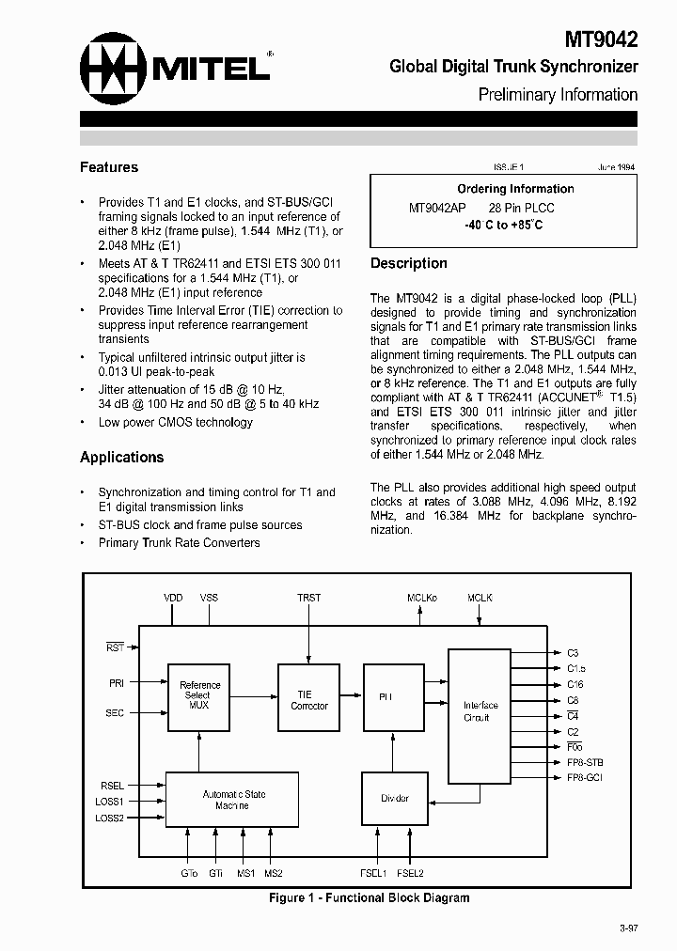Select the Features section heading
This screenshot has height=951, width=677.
pos(109,167)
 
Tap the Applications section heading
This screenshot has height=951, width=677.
pos(121,458)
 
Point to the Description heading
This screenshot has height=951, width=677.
pos(409,263)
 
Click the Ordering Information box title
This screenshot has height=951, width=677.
pos(515,189)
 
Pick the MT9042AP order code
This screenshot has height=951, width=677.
pos(437,208)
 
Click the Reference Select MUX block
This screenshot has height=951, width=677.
pos(199,695)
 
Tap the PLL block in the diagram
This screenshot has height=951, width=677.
pos(386,697)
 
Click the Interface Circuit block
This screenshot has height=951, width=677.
pos(480,711)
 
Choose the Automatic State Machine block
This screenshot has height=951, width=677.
pos(232,800)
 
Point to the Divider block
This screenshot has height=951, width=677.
pos(395,799)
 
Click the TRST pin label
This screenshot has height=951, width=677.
pos(309,598)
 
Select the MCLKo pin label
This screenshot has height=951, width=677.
pos(421,598)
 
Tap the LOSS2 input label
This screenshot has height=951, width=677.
pos(110,818)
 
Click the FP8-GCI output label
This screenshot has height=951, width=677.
pos(586,779)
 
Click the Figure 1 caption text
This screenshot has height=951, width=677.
pos(369,898)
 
